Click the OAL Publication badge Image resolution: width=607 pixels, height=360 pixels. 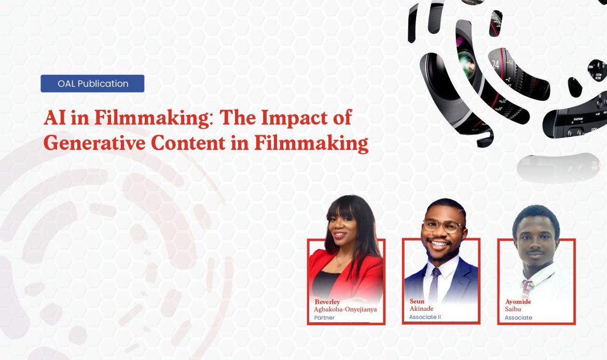pos(92,84)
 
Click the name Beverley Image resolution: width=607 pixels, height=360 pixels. pos(327,302)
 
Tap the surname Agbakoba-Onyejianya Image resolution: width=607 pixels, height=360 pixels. pos(345,309)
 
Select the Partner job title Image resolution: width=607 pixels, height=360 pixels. pos(324,317)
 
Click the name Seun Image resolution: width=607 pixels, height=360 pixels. pos(417,301)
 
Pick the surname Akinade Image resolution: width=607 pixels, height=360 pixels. pos(422,309)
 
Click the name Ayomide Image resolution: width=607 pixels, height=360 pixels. pos(518,302)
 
